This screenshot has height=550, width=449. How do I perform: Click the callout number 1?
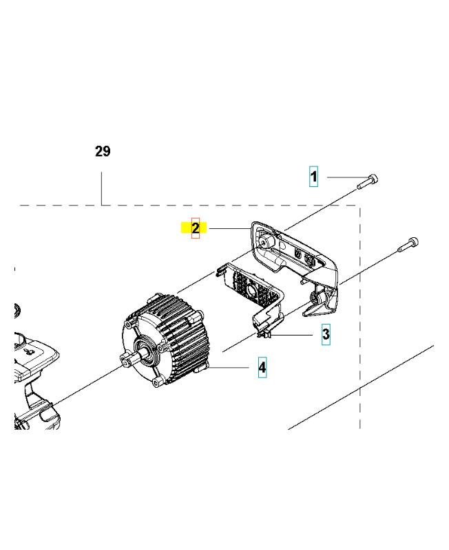coord(313,177)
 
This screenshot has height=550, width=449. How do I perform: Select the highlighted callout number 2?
coord(196,228)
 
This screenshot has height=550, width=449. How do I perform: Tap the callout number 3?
coord(326,334)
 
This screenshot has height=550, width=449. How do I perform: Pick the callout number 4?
coord(262,367)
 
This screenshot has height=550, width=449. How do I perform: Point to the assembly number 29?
coord(103,151)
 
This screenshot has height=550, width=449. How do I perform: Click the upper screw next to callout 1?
coord(368,181)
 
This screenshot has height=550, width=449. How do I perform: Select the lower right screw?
coord(408,245)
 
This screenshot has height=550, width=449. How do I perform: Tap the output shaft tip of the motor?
coord(125,360)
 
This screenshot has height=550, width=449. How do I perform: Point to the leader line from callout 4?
coord(229,368)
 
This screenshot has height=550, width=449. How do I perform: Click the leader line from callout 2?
coord(229,229)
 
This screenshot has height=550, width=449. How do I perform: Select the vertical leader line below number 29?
coord(101,188)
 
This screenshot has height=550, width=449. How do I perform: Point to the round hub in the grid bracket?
coord(251,290)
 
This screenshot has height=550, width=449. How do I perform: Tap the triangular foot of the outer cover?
coord(320,305)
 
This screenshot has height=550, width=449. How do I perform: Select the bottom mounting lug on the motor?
coord(158,382)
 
